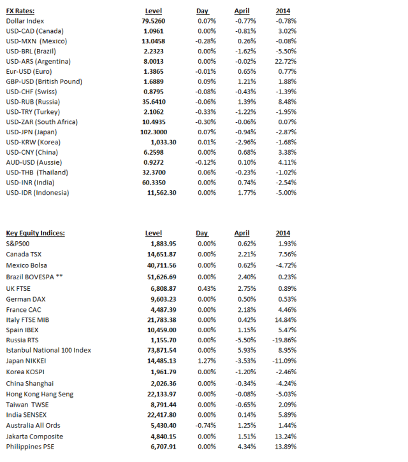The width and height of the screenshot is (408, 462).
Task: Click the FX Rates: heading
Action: click(20, 11)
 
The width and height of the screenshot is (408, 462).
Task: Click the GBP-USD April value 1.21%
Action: click(247, 81)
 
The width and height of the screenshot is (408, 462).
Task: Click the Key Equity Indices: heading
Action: click(35, 233)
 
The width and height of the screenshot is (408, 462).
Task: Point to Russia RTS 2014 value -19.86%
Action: click(284, 340)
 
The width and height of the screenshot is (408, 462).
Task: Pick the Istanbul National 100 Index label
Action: click(48, 350)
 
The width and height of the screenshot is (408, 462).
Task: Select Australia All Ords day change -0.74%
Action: click(205, 426)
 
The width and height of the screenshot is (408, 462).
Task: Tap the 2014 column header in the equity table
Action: click(283, 233)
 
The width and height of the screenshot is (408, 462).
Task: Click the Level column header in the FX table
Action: click(154, 11)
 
